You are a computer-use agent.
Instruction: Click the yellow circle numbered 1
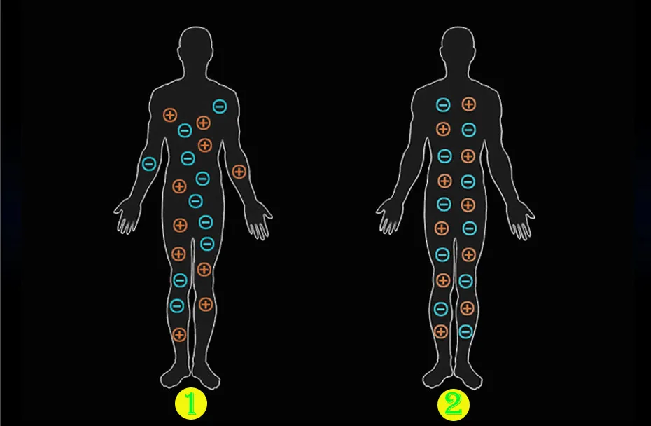click(x=190, y=404)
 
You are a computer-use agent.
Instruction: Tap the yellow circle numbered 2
click(x=453, y=404)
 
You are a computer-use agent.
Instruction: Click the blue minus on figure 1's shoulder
click(x=220, y=106)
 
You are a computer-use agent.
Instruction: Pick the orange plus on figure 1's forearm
click(x=239, y=171)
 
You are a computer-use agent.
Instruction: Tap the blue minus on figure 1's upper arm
click(x=148, y=164)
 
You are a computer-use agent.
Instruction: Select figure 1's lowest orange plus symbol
click(x=179, y=334)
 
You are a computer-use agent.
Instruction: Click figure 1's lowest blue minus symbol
click(x=177, y=305)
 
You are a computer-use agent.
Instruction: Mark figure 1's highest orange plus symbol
click(x=170, y=115)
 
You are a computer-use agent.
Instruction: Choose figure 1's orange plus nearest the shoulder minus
click(x=204, y=123)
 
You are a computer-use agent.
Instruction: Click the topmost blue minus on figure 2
click(x=443, y=104)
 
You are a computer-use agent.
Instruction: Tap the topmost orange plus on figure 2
click(x=468, y=104)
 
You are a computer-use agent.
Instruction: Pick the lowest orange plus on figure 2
click(x=441, y=331)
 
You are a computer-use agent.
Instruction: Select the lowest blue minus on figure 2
click(x=465, y=331)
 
